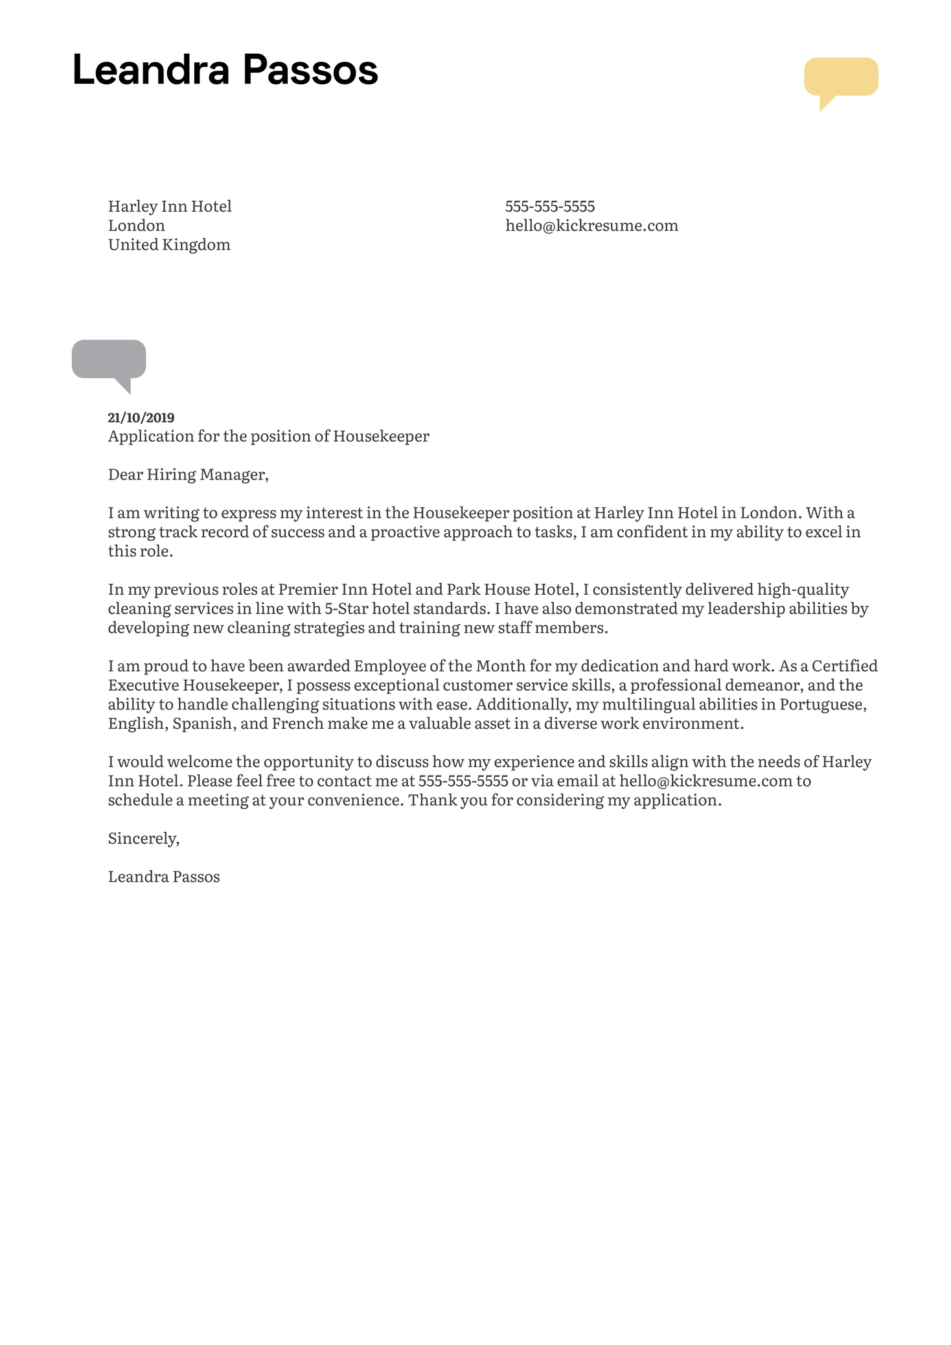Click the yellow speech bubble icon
[x=840, y=78]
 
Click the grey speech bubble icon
[x=109, y=360]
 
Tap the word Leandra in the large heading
[x=151, y=70]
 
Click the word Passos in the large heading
[x=310, y=70]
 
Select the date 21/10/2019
[x=141, y=418]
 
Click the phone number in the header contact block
[x=549, y=207]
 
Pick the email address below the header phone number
[x=591, y=225]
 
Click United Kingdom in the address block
[x=169, y=245]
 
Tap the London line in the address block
[x=136, y=225]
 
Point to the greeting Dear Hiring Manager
[x=188, y=475]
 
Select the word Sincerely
[x=143, y=838]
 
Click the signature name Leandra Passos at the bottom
[x=164, y=877]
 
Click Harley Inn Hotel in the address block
[x=169, y=207]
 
